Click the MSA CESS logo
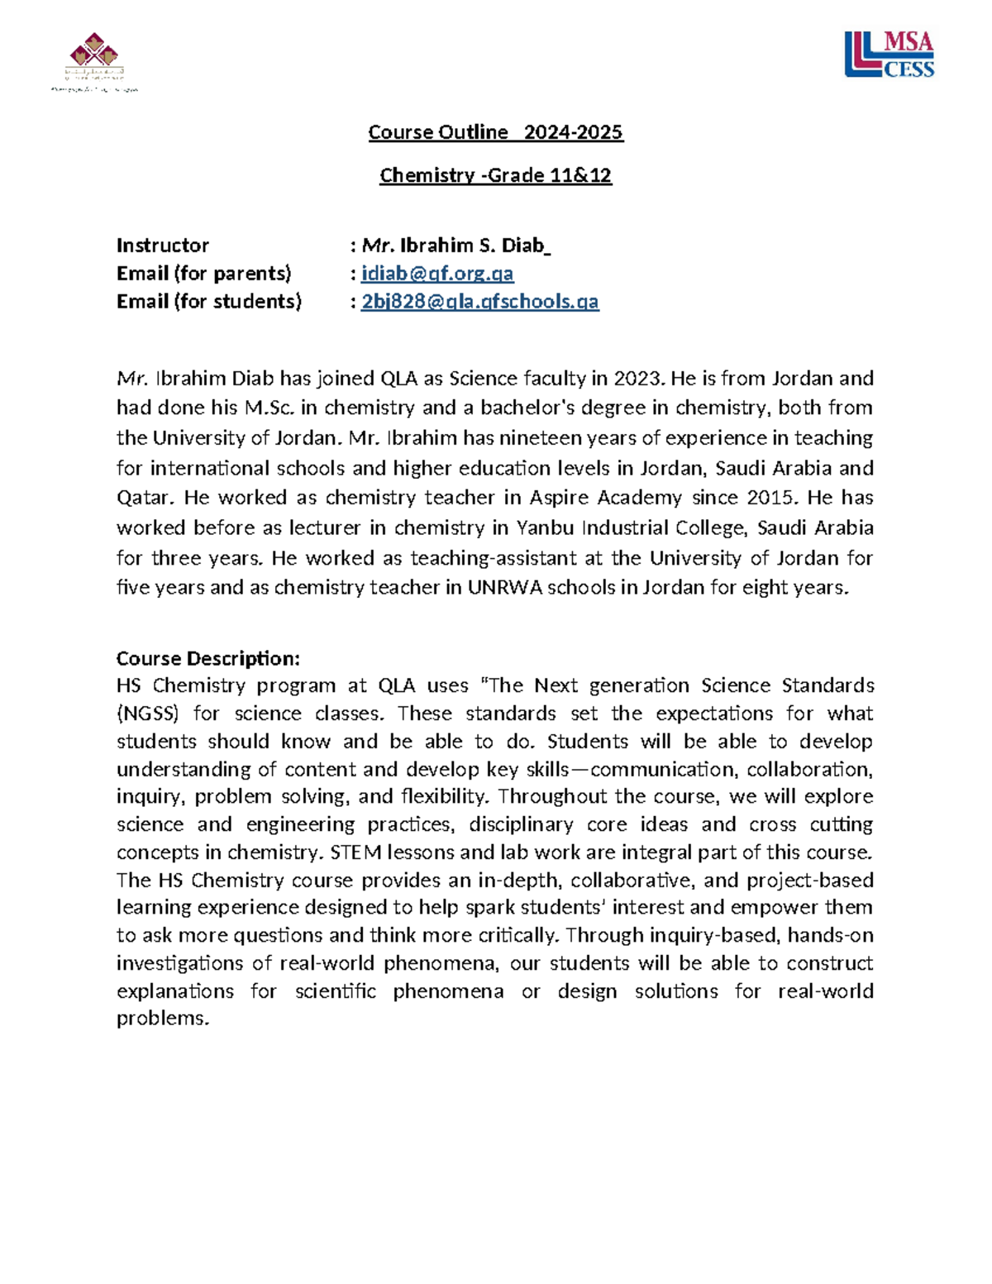[x=889, y=55]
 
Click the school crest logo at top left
[x=94, y=60]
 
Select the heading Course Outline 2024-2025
[x=495, y=132]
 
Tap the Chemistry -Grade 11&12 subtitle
[x=495, y=175]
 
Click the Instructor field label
[x=162, y=246]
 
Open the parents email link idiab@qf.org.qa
[x=437, y=274]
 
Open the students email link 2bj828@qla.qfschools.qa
[x=479, y=302]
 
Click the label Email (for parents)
[x=203, y=274]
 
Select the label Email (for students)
[x=208, y=302]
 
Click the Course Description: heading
[x=207, y=658]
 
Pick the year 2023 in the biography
[x=637, y=379]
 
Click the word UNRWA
[x=503, y=588]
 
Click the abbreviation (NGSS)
[x=147, y=714]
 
